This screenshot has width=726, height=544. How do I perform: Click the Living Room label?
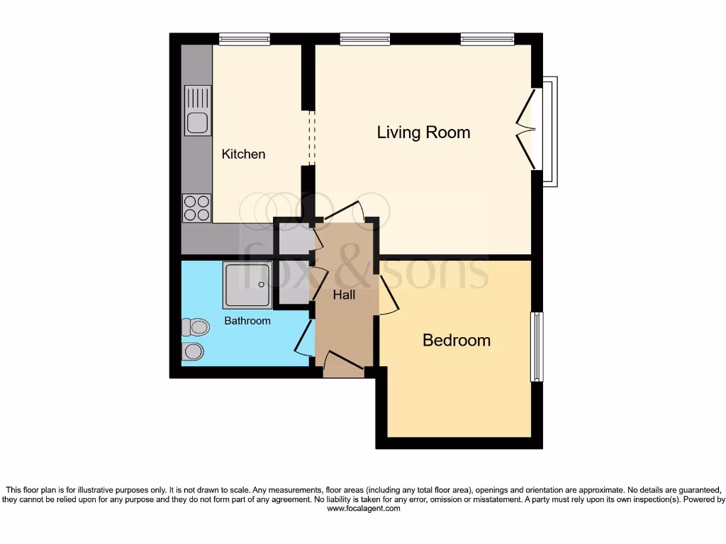pos(423,132)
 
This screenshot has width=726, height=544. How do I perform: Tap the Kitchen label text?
pos(243,154)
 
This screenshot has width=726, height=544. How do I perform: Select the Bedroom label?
pos(456,340)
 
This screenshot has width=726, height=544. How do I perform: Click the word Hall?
pos(345,295)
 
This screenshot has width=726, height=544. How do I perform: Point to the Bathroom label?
pos(247,321)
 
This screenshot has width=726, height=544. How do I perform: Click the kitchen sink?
pos(197,110)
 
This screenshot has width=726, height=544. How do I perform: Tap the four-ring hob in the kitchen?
pos(197,208)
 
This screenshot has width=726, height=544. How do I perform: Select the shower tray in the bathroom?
pos(247,285)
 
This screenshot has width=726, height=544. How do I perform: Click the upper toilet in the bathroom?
pos(195,327)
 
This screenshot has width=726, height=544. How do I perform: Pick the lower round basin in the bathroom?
pos(193,351)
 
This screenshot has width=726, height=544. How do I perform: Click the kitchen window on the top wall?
pos(244,39)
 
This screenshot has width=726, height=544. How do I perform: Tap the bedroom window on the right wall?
pos(537,347)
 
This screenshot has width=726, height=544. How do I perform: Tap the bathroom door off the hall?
pos(303,339)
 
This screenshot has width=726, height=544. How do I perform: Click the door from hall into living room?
pos(345,211)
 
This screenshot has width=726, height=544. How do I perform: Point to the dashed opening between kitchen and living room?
pos(309,138)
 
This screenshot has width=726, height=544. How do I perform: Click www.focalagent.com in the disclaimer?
pos(362,508)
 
